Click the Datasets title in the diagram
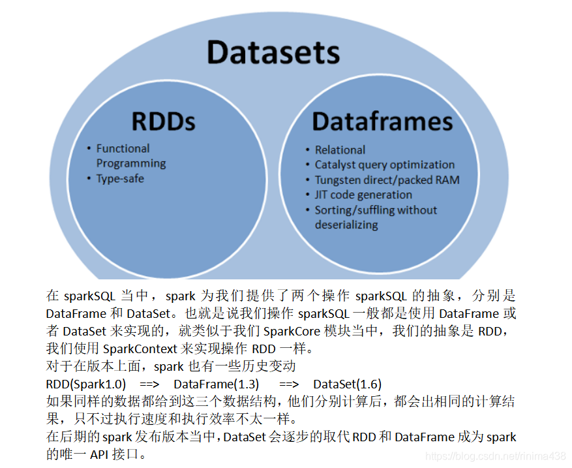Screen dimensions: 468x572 tap(273, 52)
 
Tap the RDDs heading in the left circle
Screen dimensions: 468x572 tap(163, 121)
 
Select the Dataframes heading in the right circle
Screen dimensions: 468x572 tap(382, 121)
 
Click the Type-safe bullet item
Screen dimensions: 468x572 tap(120, 178)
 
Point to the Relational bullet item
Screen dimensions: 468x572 tap(340, 149)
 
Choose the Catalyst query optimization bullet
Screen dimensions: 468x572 tap(384, 164)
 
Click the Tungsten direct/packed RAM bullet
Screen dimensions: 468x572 tap(387, 179)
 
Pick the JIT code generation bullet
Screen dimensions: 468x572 tap(363, 195)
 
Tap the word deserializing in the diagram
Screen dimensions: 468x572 tap(346, 225)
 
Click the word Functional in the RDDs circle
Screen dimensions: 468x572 tap(123, 148)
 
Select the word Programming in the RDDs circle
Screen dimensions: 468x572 tap(131, 163)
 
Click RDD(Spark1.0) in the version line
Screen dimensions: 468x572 tap(86, 384)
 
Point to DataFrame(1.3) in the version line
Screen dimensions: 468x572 tap(216, 384)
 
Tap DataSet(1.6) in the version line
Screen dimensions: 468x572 tap(347, 384)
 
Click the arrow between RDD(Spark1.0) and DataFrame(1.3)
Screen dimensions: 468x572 tap(149, 384)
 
